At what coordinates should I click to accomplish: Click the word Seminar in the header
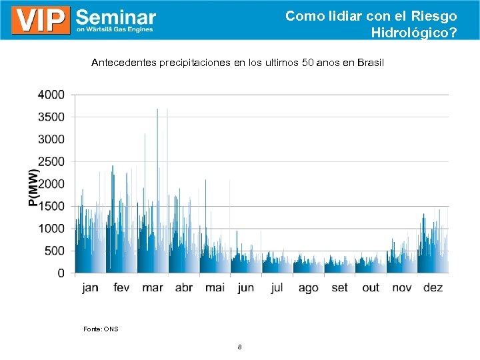116,16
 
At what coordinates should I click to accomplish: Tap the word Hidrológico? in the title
414,32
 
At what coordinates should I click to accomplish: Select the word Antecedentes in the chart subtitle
123,63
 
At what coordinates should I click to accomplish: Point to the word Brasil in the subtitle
371,63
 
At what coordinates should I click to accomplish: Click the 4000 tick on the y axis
51,95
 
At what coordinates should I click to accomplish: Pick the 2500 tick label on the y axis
51,162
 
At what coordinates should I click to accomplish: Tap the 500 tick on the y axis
55,251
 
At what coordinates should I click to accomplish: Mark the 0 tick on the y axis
61,273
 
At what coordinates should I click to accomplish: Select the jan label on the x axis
90,288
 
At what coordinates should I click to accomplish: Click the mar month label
152,288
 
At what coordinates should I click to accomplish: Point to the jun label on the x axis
246,288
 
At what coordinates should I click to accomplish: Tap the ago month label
308,288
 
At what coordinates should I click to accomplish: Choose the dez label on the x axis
433,288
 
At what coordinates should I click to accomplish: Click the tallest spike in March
157,111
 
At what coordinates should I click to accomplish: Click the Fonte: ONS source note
101,329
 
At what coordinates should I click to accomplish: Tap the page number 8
239,347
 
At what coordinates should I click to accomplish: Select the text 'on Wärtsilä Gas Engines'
115,29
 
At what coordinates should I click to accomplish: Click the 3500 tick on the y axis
51,117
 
